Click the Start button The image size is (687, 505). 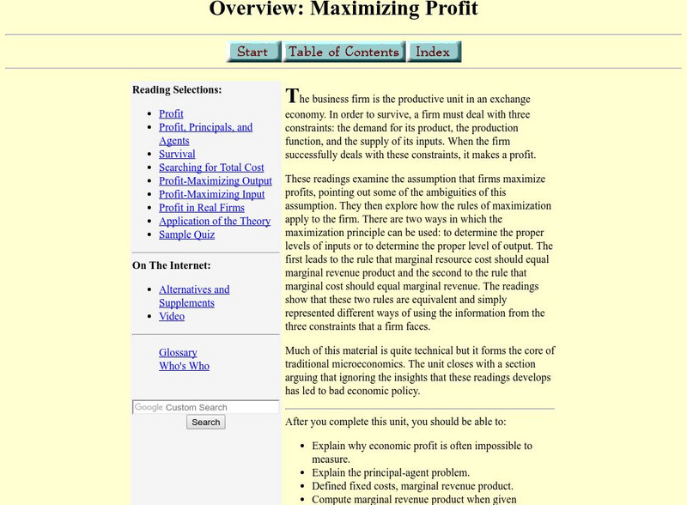[253, 52]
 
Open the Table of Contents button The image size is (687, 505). [343, 52]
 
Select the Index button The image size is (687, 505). [434, 52]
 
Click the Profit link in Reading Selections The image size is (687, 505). [171, 113]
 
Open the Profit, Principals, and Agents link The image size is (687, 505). [205, 127]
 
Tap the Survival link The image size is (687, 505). [177, 154]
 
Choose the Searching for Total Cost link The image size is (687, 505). [211, 167]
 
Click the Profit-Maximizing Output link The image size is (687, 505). [215, 181]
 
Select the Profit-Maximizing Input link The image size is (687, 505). [211, 194]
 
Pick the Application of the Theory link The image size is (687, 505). [215, 221]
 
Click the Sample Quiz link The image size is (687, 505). [186, 234]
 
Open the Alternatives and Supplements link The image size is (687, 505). [194, 289]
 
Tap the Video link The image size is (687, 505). [172, 316]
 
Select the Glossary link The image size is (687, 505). [178, 352]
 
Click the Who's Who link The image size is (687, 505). [184, 366]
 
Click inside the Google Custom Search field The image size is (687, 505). [206, 407]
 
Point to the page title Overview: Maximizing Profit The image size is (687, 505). [343, 9]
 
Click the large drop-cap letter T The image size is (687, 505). [292, 96]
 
